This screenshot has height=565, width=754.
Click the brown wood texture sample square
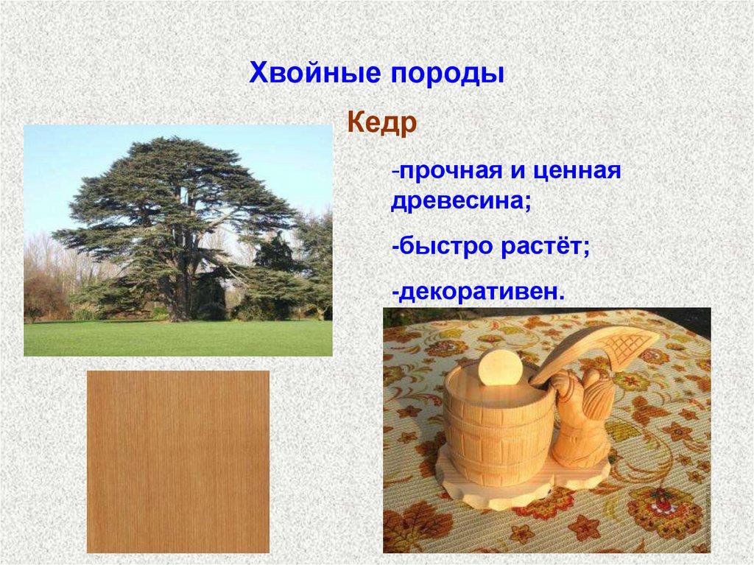click(177, 461)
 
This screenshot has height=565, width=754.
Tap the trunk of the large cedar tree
click(178, 295)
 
